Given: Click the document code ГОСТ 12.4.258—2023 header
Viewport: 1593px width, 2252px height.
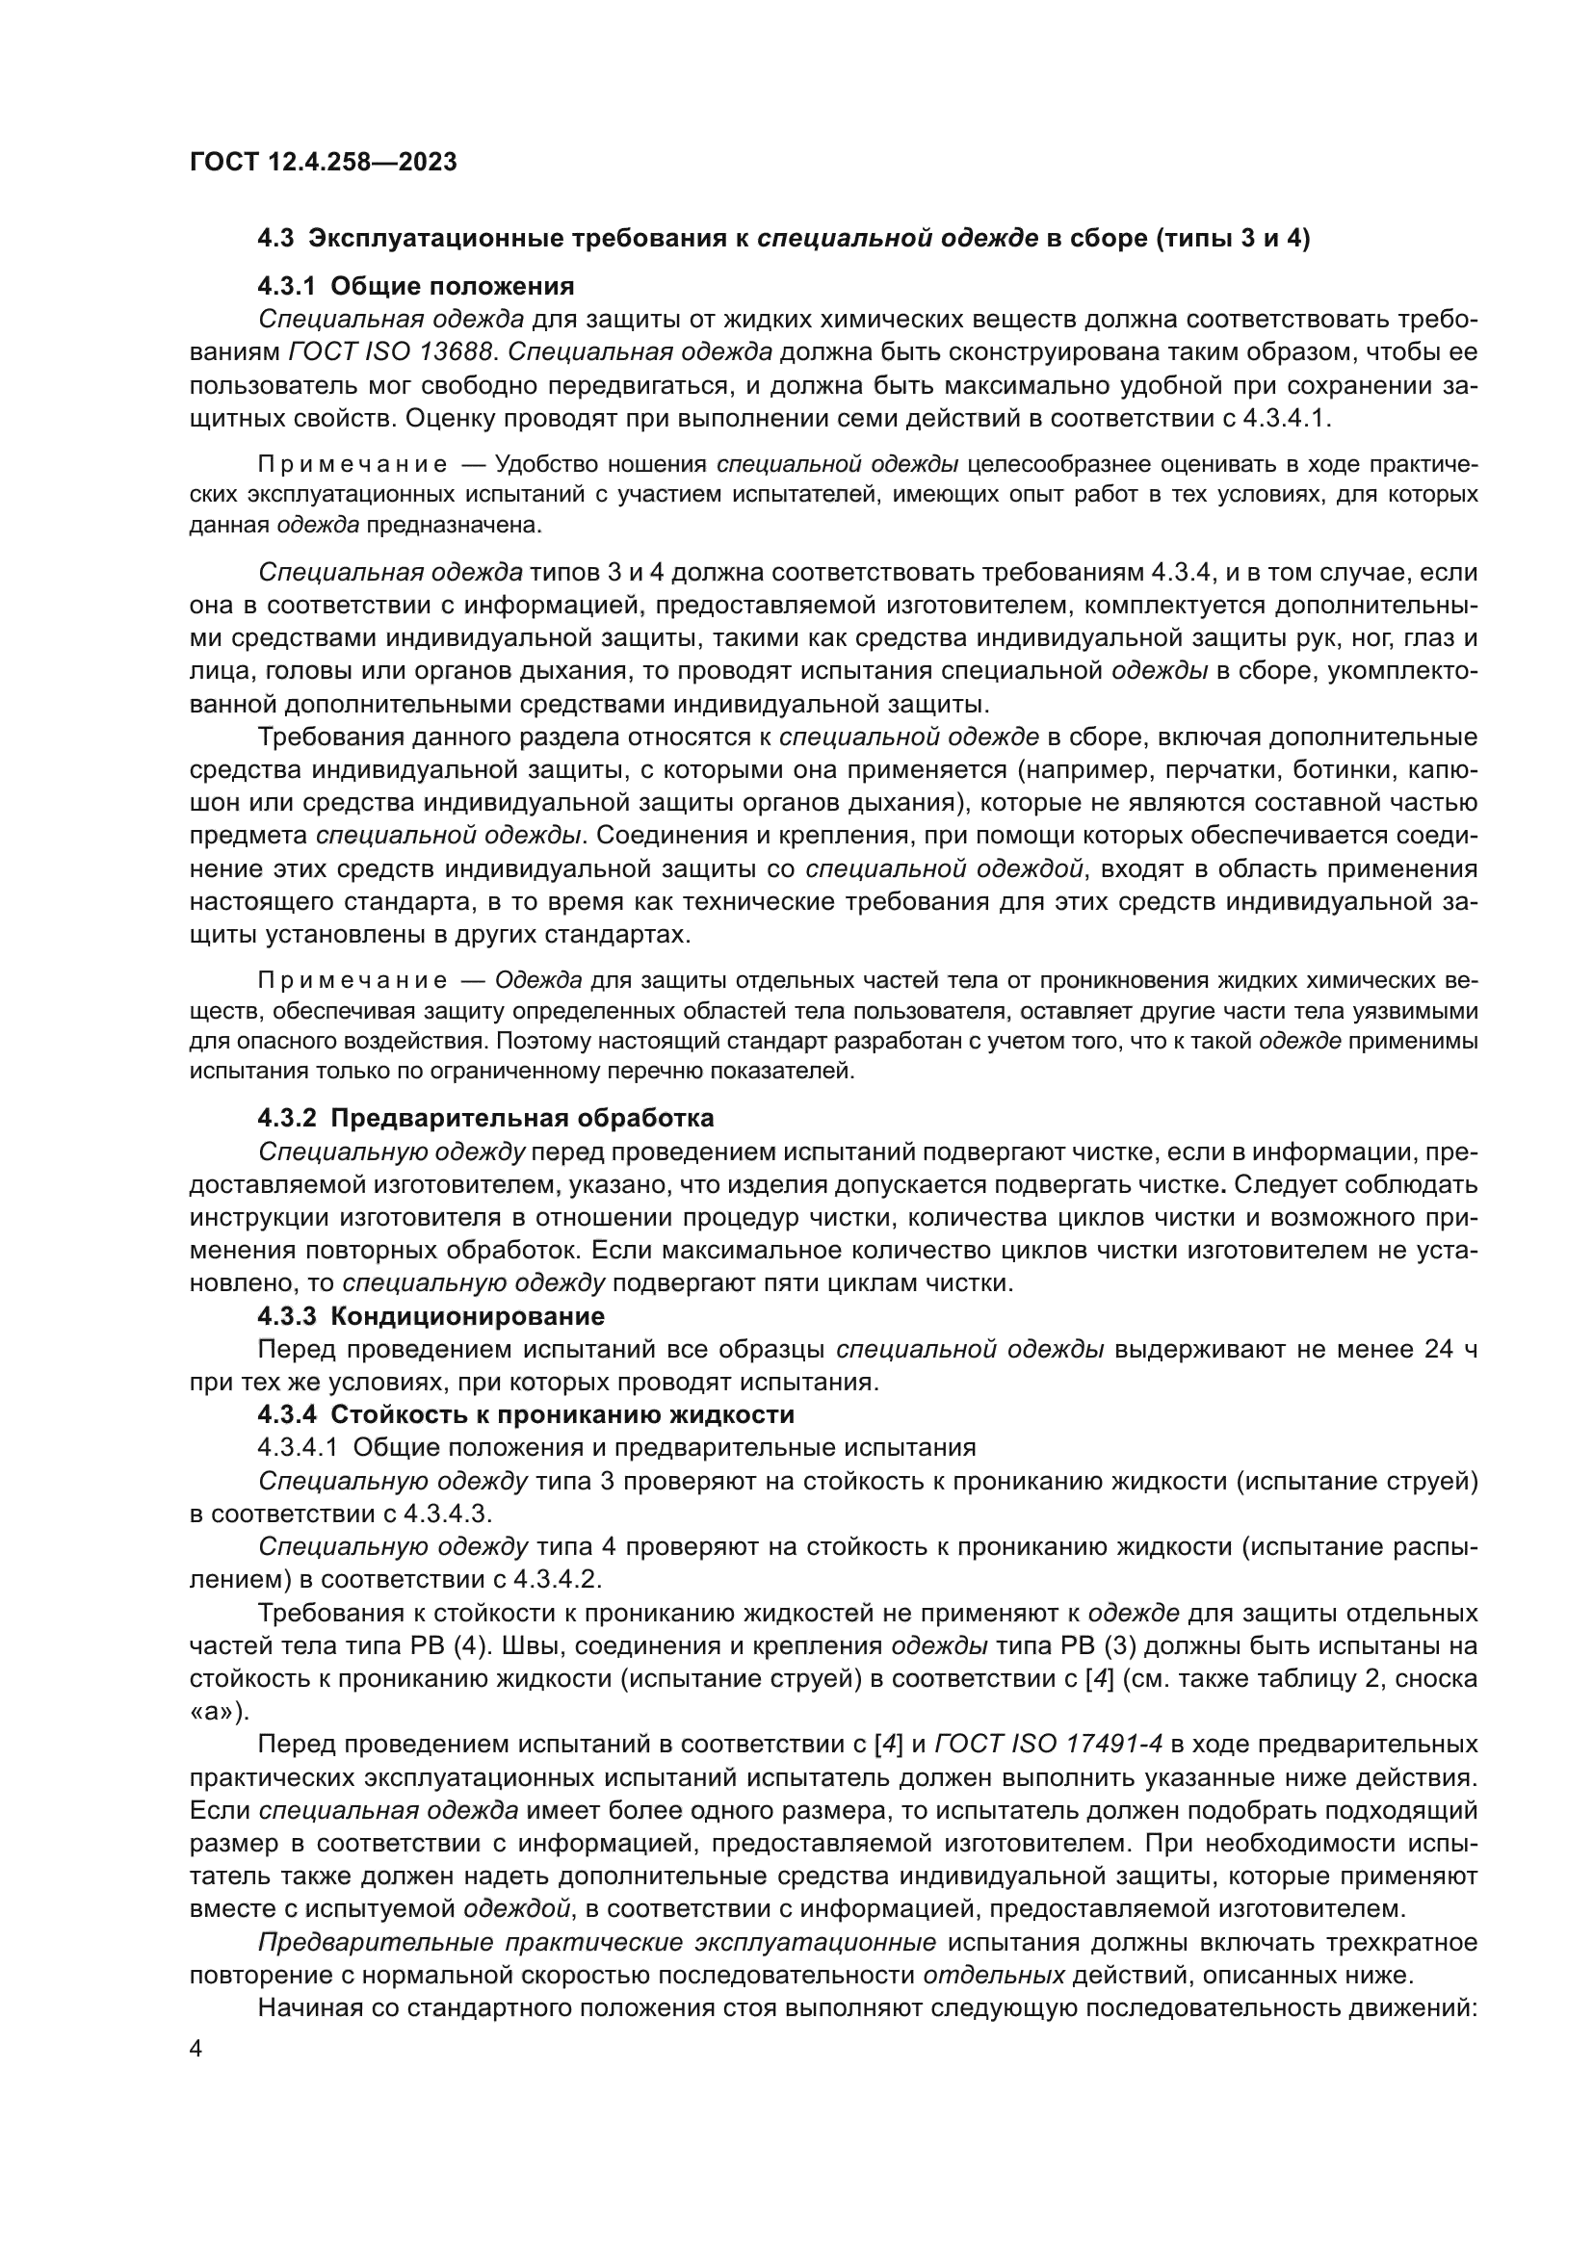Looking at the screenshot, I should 323,162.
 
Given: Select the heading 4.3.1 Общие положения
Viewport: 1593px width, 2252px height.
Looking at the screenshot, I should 415,286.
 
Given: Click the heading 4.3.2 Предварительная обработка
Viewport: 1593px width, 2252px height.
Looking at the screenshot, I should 485,1118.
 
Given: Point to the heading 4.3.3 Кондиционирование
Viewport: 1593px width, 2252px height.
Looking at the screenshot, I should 431,1315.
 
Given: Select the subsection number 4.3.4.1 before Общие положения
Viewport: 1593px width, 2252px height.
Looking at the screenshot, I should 298,1447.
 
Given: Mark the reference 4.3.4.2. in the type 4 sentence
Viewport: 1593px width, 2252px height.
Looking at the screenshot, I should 555,1579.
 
